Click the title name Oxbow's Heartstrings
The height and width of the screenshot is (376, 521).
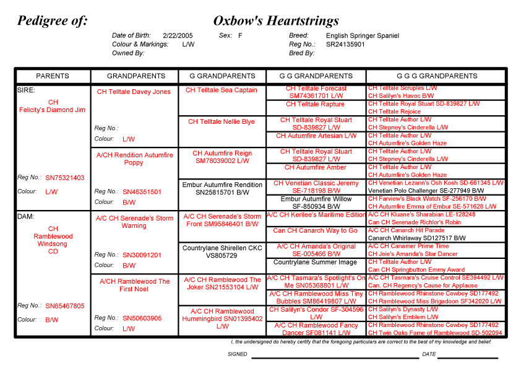[276, 21]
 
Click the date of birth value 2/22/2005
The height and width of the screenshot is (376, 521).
[178, 36]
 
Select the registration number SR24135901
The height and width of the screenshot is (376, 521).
[345, 45]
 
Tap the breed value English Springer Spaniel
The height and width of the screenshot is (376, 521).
[363, 36]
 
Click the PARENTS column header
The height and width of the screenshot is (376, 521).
[53, 76]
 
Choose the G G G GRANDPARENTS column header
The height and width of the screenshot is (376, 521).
[437, 76]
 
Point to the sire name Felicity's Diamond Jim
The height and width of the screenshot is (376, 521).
[53, 110]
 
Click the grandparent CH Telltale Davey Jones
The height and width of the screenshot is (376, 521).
[134, 92]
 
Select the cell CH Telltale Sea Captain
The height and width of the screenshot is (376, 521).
[222, 90]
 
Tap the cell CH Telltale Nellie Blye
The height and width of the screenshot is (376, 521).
[222, 122]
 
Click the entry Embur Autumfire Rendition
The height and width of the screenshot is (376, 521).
[222, 185]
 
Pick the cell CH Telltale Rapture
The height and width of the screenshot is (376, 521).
[316, 105]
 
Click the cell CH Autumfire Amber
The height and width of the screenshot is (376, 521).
[316, 168]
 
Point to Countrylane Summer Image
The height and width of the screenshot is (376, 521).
[316, 263]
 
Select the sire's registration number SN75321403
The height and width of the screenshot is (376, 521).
[65, 178]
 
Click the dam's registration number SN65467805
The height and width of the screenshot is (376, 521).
[65, 306]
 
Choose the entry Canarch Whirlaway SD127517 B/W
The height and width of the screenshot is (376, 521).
[417, 238]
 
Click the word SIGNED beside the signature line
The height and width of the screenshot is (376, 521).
[237, 354]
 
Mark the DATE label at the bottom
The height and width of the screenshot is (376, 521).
[429, 354]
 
